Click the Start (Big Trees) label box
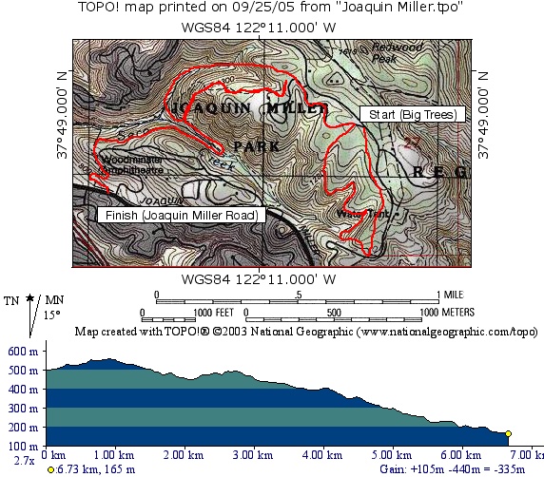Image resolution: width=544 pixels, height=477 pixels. pyautogui.click(x=410, y=114)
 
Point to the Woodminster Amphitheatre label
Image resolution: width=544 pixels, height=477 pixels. pyautogui.click(x=130, y=164)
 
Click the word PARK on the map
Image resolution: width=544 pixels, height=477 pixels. pyautogui.click(x=256, y=146)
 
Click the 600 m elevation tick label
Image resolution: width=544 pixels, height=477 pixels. pyautogui.click(x=22, y=350)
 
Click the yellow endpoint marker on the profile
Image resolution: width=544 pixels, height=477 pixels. pyautogui.click(x=509, y=434)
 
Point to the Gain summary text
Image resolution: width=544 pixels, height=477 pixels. pyautogui.click(x=474, y=468)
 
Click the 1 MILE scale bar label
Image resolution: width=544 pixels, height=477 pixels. pyautogui.click(x=452, y=294)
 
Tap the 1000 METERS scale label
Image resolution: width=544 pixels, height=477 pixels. pyautogui.click(x=441, y=312)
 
